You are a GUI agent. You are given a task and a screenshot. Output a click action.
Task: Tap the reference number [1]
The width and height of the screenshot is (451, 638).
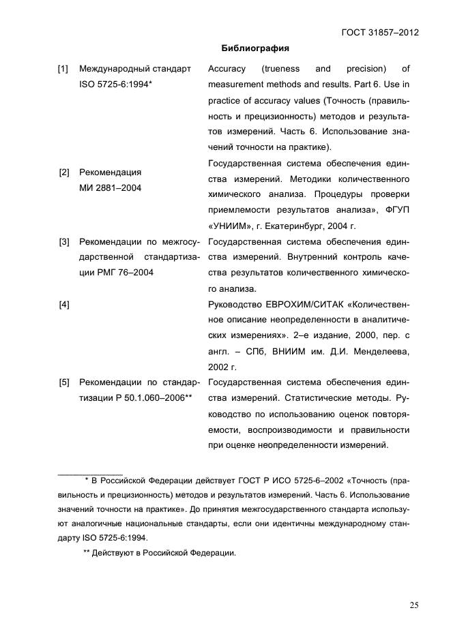[63, 69]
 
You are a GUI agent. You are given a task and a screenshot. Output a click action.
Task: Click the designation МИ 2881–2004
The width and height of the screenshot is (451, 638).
[111, 188]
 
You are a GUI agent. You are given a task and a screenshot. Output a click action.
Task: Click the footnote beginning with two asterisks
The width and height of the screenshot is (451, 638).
[159, 553]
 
